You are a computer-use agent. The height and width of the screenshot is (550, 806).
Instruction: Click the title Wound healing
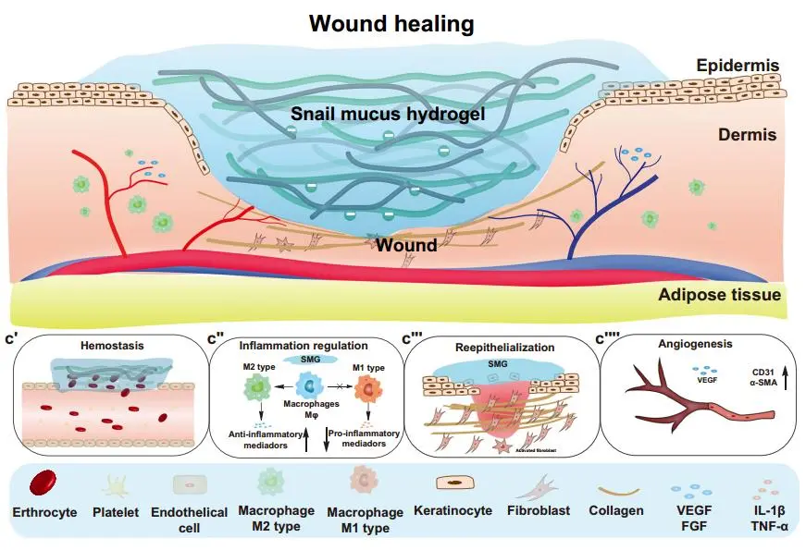(403, 22)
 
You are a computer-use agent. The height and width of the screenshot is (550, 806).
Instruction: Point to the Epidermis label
(736, 67)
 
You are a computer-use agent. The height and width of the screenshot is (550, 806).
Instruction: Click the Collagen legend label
(615, 511)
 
